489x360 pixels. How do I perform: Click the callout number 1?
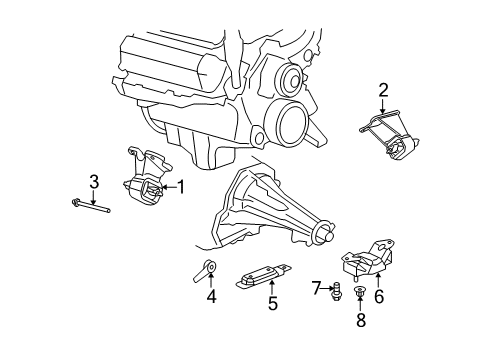182,185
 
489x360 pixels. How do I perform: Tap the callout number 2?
383,92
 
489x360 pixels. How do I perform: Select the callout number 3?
93,181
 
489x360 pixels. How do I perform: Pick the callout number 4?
211,296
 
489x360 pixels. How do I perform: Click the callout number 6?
379,296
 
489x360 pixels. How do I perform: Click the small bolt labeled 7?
337,290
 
